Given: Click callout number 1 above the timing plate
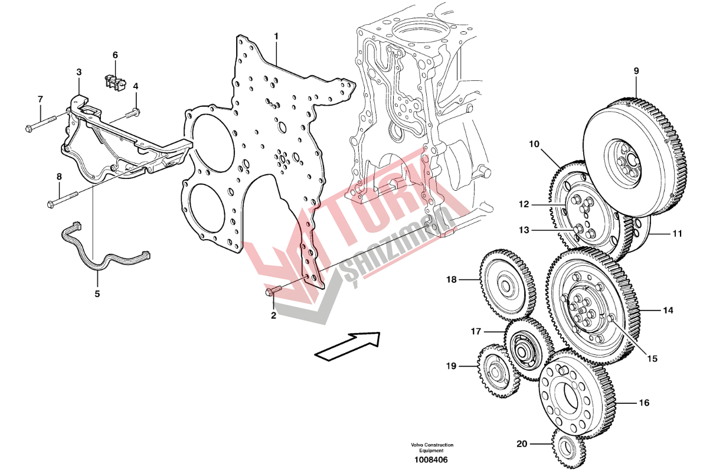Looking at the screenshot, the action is [276, 37].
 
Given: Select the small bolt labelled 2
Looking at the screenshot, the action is [273, 290].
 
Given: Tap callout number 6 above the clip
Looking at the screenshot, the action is [115, 55].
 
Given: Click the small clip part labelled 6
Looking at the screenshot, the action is [115, 82].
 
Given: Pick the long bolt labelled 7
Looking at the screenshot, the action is [41, 123].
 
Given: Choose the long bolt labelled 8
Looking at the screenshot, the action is [63, 199].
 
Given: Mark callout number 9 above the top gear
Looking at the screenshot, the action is [636, 71].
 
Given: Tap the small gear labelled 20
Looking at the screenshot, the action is [568, 448].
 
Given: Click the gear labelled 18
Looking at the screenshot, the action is [508, 286].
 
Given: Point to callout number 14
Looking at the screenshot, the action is [668, 310].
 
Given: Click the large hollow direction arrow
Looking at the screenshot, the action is [348, 346].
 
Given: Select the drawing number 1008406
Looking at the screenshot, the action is [431, 460].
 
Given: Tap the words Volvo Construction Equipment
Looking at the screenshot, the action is [432, 448].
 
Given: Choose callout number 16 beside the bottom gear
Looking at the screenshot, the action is [644, 403].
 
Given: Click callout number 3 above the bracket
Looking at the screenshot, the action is [79, 72].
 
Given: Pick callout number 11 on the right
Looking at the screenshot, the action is [678, 234].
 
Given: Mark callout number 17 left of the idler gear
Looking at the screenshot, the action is [476, 332].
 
